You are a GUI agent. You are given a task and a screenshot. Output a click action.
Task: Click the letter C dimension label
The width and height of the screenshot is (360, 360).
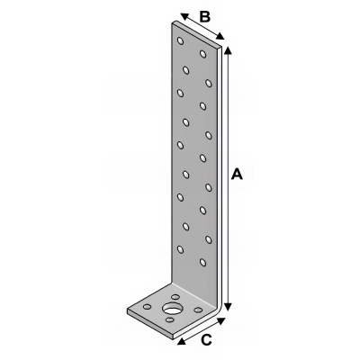[x=207, y=339]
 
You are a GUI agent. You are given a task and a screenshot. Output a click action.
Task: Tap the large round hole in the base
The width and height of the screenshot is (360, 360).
[x=170, y=310]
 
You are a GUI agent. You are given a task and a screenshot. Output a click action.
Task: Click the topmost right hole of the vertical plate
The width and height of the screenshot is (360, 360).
[x=204, y=55]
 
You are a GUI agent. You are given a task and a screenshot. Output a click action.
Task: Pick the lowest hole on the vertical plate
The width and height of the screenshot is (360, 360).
[x=203, y=262]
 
